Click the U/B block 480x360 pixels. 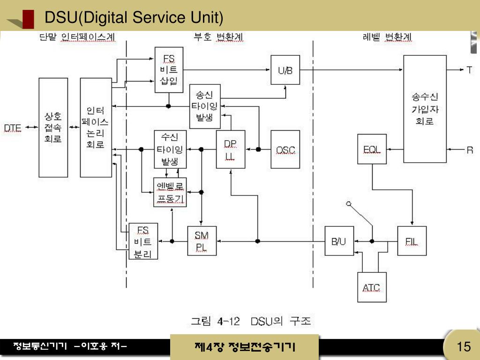tap(285, 70)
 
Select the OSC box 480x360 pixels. tap(285, 150)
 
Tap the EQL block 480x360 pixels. tap(372, 149)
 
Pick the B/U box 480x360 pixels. tap(339, 241)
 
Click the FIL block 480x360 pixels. tap(412, 241)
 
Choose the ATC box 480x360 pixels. tap(371, 287)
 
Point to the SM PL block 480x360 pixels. tap(202, 241)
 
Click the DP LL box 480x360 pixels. tap(230, 150)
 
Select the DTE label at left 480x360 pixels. tap(13, 127)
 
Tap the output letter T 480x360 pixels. tap(469, 70)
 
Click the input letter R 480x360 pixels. tap(469, 150)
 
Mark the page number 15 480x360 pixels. tap(464, 347)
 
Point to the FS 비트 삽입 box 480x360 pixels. tap(169, 70)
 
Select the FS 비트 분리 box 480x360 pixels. tap(143, 241)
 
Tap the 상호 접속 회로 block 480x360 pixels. tap(53, 127)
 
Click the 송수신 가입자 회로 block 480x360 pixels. tap(425, 109)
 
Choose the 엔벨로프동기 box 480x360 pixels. tap(170, 193)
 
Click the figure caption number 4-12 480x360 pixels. tap(228, 322)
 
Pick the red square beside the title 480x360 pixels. tap(28, 19)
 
